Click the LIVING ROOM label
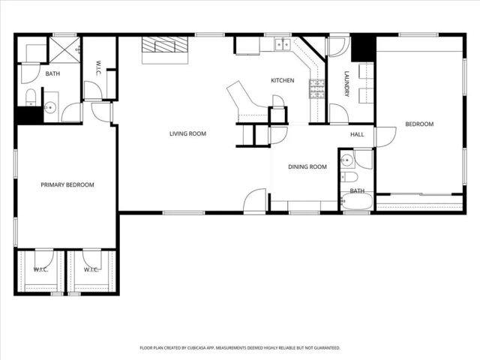pos(187,133)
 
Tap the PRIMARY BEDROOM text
pos(67,184)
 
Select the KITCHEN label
pos(282,80)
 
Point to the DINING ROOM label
pos(308,166)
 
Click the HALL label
pos(357,134)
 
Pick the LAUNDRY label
pos(346,83)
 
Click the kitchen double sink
pos(282,44)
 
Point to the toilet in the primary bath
pos(30,96)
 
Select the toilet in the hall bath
pos(349,178)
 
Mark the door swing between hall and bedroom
pos(385,137)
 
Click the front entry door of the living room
pos(255,201)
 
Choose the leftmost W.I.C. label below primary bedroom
pos(40,269)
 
